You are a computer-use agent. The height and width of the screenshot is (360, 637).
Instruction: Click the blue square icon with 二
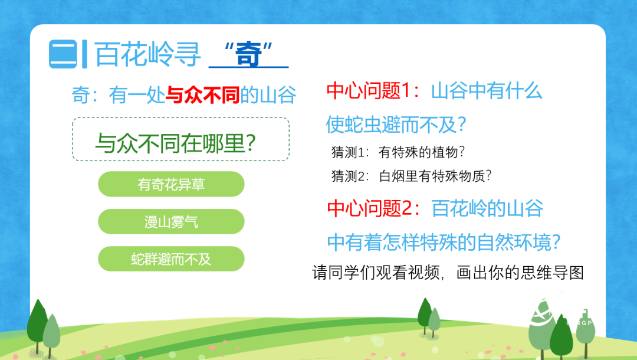(x=63, y=54)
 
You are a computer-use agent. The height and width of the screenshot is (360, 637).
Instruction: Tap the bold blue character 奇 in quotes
(x=248, y=54)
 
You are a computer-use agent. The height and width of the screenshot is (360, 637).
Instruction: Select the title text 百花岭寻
(x=147, y=54)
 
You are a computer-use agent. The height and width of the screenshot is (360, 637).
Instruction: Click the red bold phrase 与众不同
(x=203, y=95)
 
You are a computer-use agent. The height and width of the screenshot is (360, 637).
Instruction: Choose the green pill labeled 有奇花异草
(x=171, y=184)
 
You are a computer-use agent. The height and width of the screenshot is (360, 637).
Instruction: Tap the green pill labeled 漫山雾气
(x=171, y=221)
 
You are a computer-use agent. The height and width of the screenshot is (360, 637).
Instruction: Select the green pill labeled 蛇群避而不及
(x=171, y=259)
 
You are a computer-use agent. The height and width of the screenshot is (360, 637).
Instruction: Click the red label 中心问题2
(x=370, y=208)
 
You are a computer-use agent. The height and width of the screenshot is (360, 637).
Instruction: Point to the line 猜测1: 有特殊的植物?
(x=398, y=152)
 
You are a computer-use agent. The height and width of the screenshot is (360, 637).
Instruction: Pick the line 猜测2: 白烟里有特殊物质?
(x=411, y=176)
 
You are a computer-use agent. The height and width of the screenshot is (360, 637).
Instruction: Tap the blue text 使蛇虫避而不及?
(x=396, y=125)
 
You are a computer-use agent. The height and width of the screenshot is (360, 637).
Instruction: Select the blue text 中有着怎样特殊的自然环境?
(x=444, y=242)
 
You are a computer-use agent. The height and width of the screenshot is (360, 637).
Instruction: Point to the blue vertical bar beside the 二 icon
(x=84, y=54)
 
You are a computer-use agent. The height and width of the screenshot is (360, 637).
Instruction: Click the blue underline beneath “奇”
(x=249, y=66)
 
